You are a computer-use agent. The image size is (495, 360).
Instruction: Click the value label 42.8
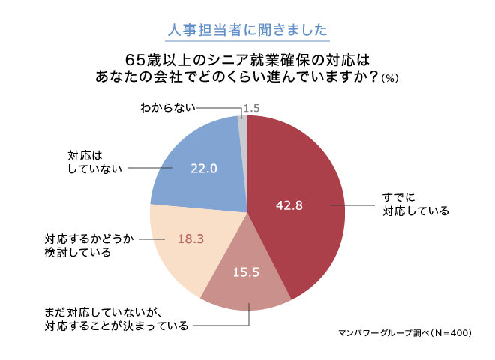click(x=289, y=205)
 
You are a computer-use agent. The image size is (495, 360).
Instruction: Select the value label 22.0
click(x=203, y=169)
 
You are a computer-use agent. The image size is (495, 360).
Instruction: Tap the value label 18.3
click(x=190, y=238)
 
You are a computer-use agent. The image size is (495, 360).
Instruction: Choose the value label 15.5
click(x=245, y=272)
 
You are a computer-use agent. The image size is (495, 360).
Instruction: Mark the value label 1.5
click(x=252, y=108)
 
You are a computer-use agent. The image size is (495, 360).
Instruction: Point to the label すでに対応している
click(x=415, y=204)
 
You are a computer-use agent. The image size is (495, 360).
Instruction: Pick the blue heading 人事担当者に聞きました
click(x=247, y=31)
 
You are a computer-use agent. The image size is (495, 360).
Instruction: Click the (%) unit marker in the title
click(x=389, y=78)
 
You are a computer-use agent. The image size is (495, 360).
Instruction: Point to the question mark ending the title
click(x=370, y=76)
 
